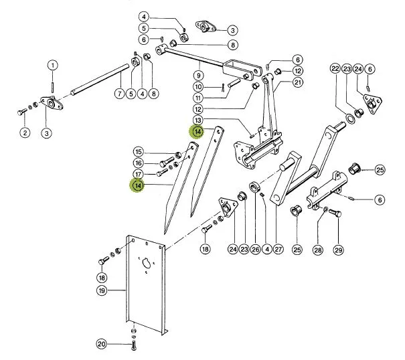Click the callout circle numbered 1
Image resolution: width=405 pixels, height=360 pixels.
click(x=53, y=66)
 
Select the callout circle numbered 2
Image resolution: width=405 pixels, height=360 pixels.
click(x=25, y=132)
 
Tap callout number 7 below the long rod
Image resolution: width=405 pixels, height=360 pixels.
click(x=120, y=94)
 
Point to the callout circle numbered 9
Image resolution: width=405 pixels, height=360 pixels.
click(x=198, y=76)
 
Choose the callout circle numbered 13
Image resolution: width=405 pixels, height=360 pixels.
click(x=198, y=120)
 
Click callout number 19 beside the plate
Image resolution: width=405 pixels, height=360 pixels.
click(x=102, y=290)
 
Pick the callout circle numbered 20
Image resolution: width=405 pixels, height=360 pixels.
click(x=102, y=344)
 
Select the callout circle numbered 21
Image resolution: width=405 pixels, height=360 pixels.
click(x=298, y=82)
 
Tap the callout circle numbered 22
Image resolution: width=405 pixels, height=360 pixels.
click(x=335, y=69)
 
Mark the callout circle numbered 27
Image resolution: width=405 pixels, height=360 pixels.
click(x=278, y=250)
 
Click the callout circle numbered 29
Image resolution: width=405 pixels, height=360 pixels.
click(x=338, y=250)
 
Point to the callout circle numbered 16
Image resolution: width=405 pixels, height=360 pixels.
click(x=139, y=163)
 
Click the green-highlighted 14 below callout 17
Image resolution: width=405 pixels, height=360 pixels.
click(x=138, y=185)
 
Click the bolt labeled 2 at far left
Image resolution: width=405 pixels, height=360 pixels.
click(x=21, y=112)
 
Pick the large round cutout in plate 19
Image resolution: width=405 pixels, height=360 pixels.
click(x=146, y=263)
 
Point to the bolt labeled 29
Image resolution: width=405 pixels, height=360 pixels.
click(x=335, y=213)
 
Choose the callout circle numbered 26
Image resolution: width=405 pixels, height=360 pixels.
click(x=256, y=250)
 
